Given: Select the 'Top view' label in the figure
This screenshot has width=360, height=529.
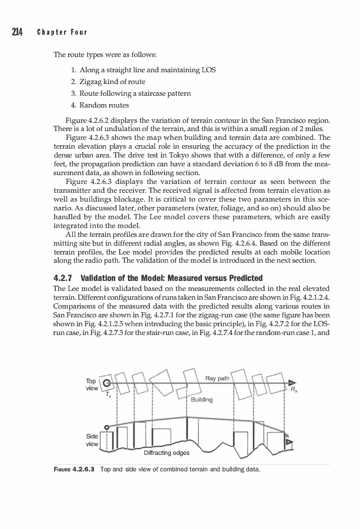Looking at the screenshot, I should (92, 384).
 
